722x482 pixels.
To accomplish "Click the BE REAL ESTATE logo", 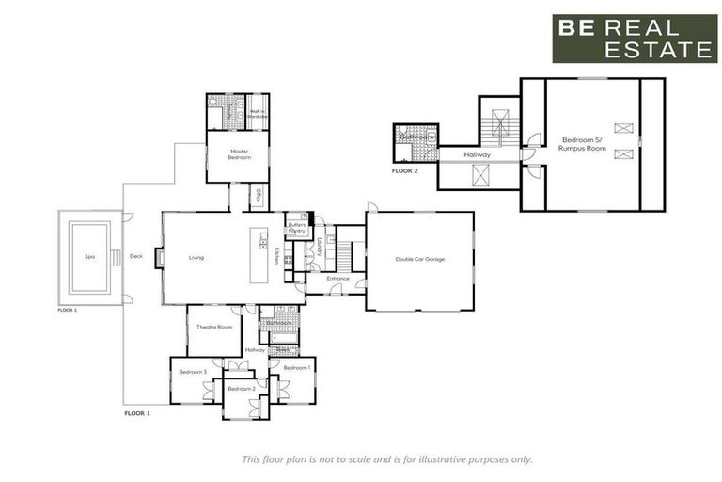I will (x=634, y=39).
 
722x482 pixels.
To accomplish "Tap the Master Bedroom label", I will (x=240, y=154).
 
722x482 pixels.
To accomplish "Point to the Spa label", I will (x=90, y=256).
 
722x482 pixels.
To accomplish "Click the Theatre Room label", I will (x=214, y=327).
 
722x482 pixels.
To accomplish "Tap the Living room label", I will (x=196, y=257).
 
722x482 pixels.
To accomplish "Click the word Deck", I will (x=136, y=256).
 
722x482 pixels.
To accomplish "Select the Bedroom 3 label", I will (x=193, y=372).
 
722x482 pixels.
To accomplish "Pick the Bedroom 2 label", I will (x=241, y=388).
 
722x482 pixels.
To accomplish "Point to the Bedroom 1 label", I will (x=296, y=367).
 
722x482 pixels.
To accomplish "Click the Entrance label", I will (x=337, y=279).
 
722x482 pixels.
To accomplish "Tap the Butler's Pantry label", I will (x=297, y=228).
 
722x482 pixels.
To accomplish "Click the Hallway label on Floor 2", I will (x=479, y=154).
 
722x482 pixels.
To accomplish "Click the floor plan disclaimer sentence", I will (x=386, y=459).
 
